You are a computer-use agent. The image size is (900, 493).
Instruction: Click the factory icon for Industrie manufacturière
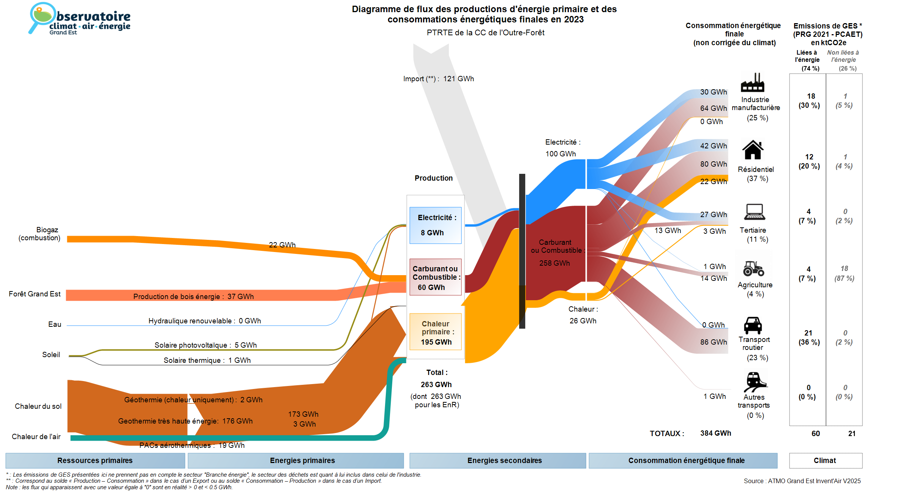[752, 82]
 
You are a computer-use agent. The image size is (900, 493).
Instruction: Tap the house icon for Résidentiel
[753, 150]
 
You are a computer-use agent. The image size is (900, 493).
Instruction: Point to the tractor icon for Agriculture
[753, 268]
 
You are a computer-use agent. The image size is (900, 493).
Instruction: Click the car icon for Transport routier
[753, 325]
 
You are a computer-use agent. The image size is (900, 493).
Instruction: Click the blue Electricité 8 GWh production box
[435, 225]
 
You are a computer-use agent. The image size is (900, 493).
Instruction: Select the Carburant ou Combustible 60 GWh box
[435, 277]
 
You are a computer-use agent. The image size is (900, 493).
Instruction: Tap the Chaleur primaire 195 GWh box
[436, 332]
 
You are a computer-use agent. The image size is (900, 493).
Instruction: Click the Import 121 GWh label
[438, 79]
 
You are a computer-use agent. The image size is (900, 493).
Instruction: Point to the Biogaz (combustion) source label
[39, 234]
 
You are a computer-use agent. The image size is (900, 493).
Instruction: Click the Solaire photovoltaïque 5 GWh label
[205, 345]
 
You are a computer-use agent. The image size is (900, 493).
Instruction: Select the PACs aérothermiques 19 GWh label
[192, 445]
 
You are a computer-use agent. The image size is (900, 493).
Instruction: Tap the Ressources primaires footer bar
[95, 460]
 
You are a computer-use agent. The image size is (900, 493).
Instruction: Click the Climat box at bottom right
[825, 460]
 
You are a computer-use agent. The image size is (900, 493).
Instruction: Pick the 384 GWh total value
[715, 433]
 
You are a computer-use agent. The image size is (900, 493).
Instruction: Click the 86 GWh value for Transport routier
[714, 342]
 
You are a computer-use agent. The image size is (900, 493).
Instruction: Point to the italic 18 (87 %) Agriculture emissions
[844, 273]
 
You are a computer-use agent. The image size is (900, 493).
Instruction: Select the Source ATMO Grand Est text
[802, 481]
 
